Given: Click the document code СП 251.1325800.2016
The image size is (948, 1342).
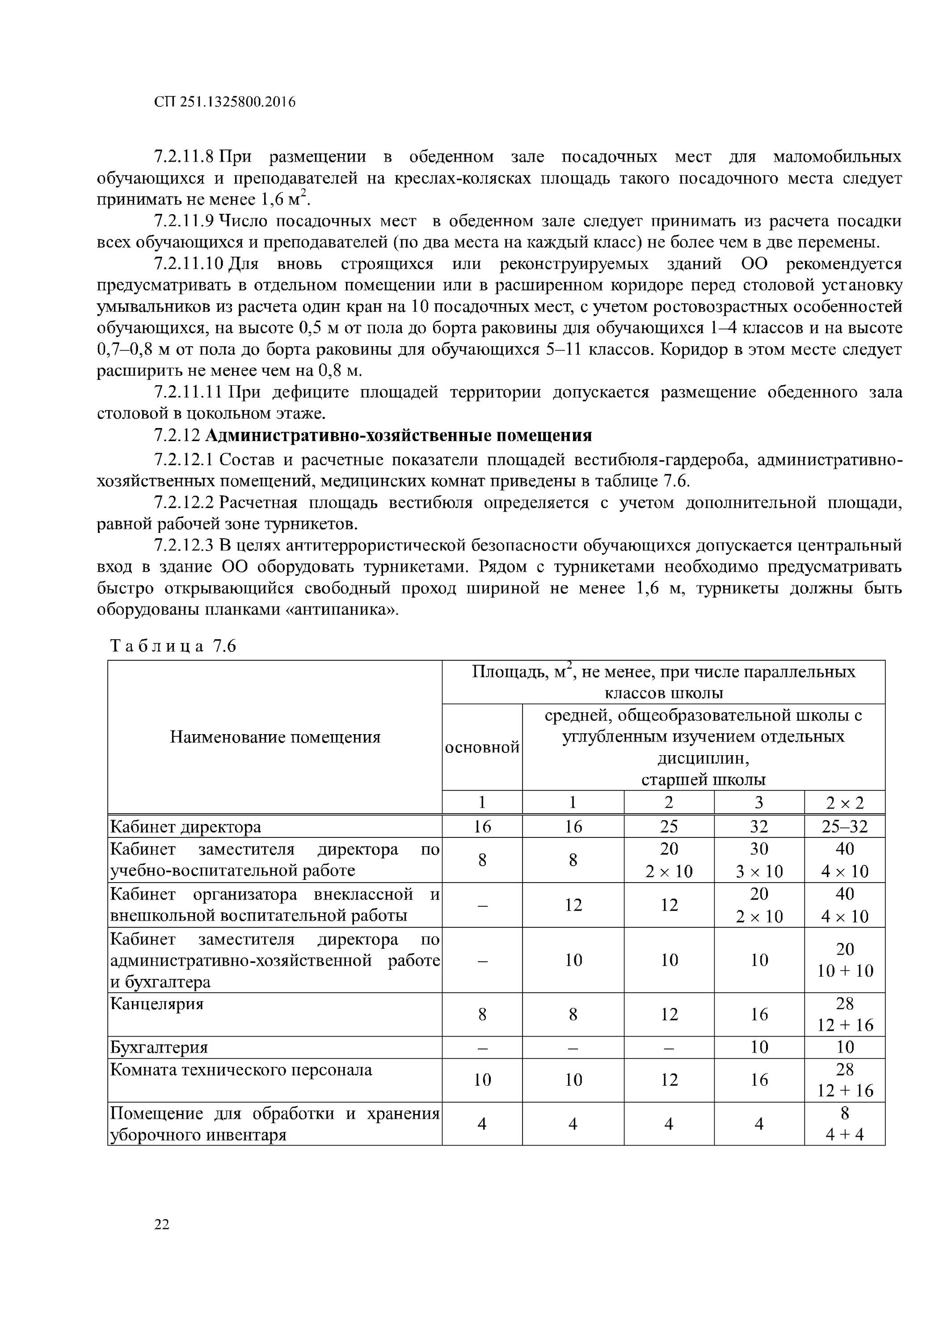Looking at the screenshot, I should click(x=225, y=102).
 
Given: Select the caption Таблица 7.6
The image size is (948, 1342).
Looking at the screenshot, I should click(x=173, y=646).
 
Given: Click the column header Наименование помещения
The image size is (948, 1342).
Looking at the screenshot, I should click(x=275, y=737).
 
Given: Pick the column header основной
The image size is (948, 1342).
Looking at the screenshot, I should click(x=482, y=747).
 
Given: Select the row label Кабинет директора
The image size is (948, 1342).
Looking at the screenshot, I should click(x=186, y=827).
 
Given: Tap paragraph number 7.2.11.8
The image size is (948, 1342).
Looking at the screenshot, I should click(x=185, y=157).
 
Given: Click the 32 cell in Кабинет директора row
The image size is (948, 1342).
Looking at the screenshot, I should click(x=759, y=827).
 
